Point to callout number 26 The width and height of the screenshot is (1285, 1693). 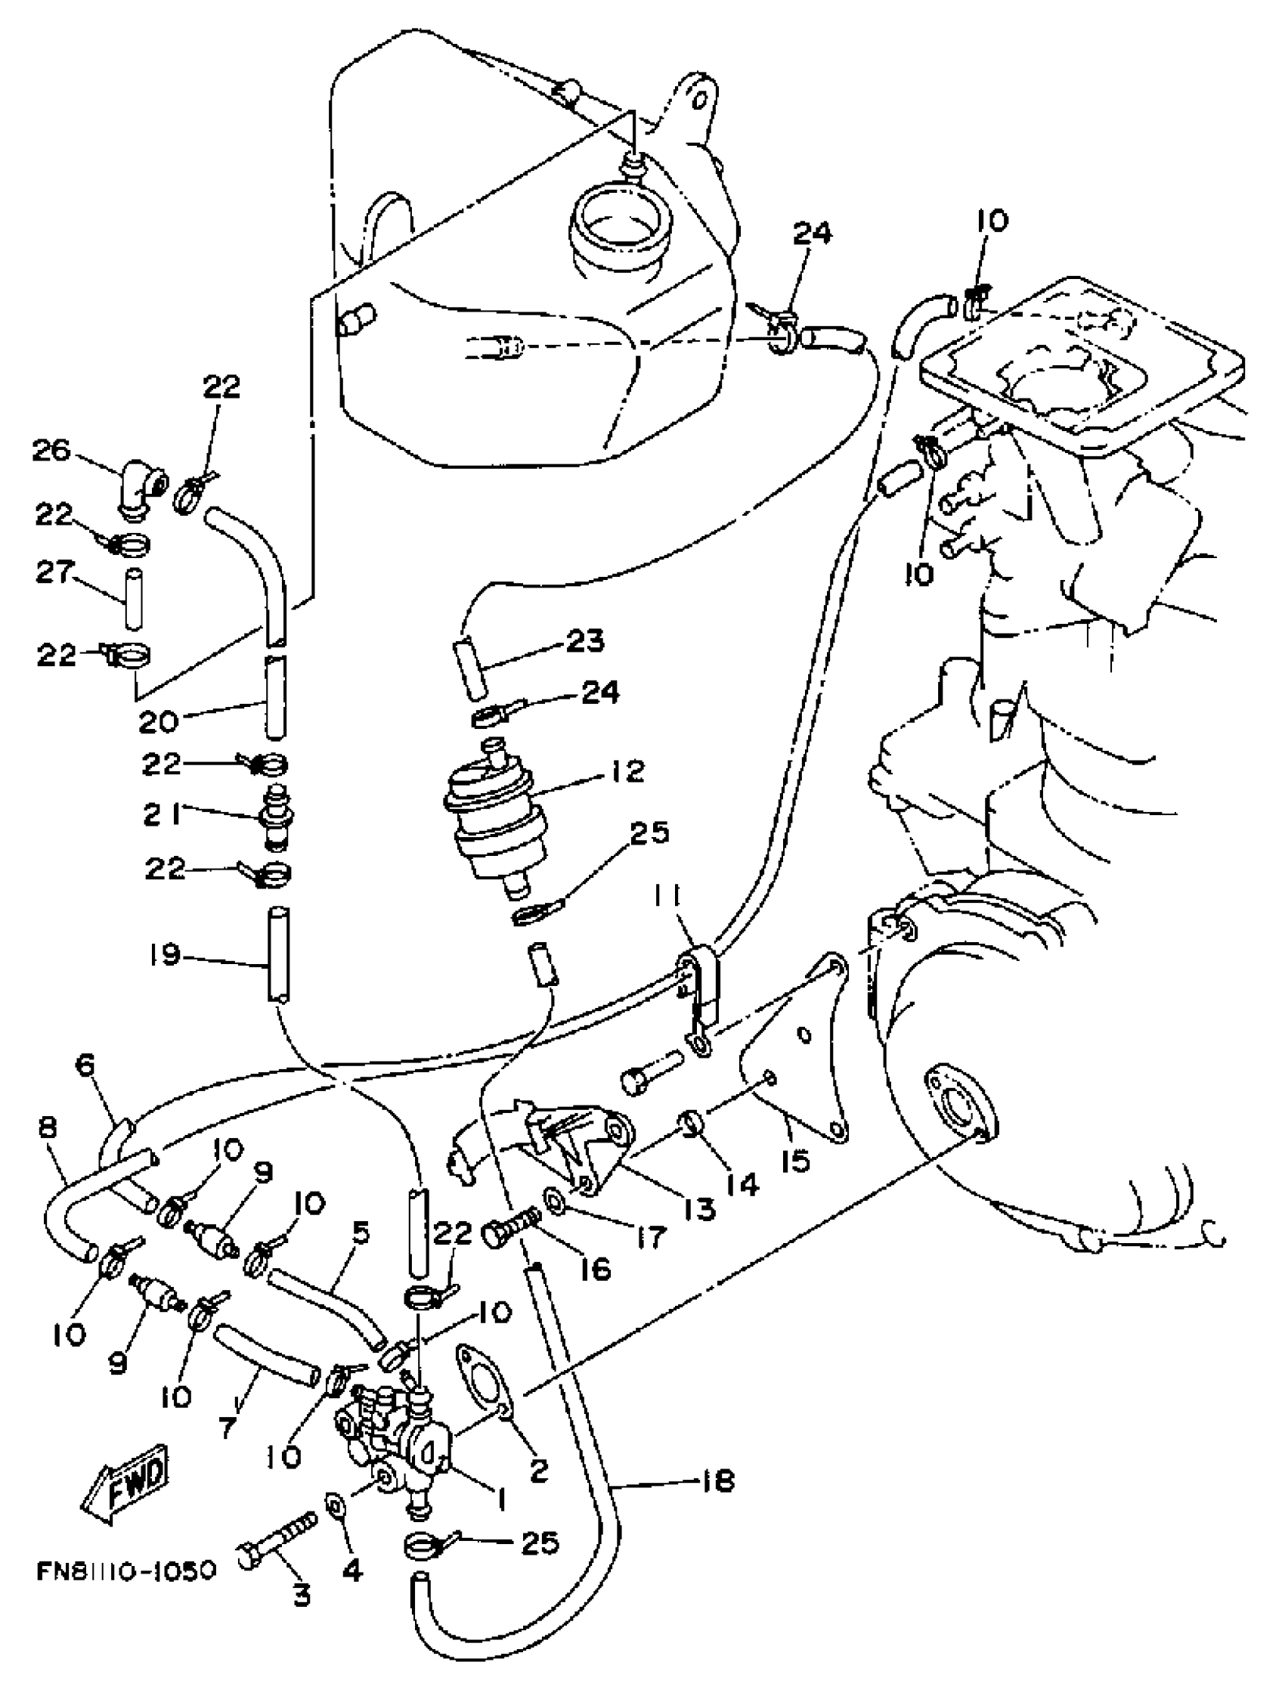51,451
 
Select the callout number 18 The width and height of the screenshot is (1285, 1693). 717,1481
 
